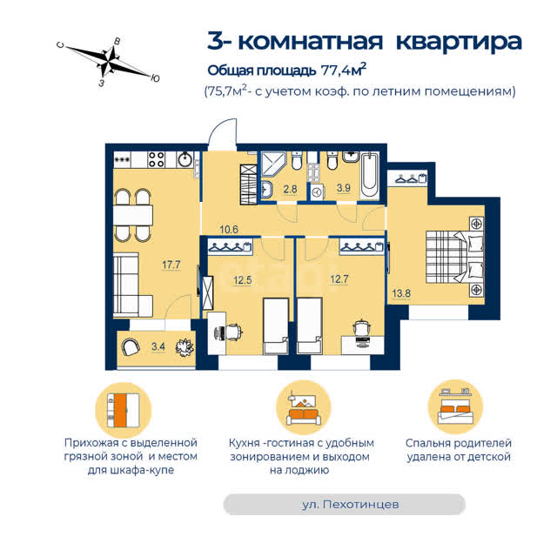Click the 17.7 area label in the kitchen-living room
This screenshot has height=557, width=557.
tap(171, 265)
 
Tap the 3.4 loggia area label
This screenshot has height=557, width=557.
tap(158, 346)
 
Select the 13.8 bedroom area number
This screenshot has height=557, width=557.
tap(401, 293)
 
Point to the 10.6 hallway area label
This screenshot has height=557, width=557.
tap(229, 230)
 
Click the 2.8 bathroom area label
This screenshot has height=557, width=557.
tap(290, 189)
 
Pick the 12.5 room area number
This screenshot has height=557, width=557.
tap(243, 280)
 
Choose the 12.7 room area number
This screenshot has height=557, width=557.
tap(339, 279)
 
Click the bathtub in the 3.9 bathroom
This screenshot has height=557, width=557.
tap(369, 176)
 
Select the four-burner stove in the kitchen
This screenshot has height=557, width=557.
tap(157, 159)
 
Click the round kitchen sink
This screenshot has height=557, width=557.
tap(185, 159)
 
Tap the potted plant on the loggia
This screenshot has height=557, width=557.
tap(185, 347)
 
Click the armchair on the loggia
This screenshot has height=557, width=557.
tap(130, 346)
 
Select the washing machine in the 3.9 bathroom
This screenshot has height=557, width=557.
tap(317, 191)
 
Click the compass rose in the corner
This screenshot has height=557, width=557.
tap(108, 60)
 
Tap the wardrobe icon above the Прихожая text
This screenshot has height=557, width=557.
tap(124, 410)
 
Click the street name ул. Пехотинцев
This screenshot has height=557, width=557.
tap(350, 504)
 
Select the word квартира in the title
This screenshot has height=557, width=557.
tap(459, 42)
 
